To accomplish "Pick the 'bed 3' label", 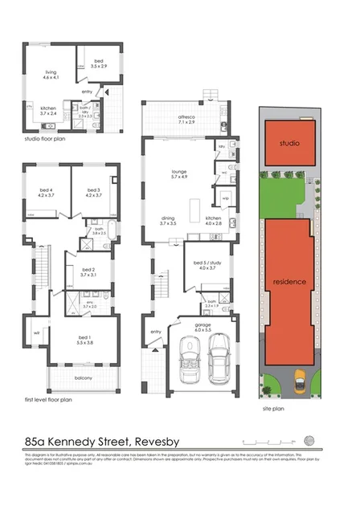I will [x=92, y=190].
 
